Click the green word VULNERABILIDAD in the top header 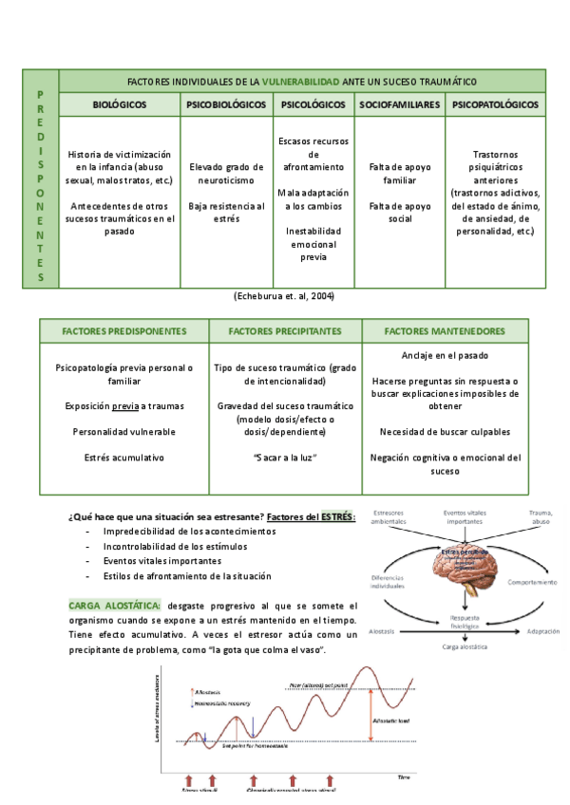coord(298,81)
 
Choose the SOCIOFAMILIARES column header coord(398,104)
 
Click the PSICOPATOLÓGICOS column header coord(496,104)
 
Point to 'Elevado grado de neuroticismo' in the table coord(225,172)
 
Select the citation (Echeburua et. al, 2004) coord(283,296)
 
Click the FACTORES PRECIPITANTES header coord(284,331)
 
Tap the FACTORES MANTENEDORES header coord(445,331)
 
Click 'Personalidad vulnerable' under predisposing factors coord(123,432)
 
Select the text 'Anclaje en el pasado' coord(445,355)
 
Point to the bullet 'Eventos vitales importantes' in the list coord(163,561)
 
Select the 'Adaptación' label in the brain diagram coord(531,630)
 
